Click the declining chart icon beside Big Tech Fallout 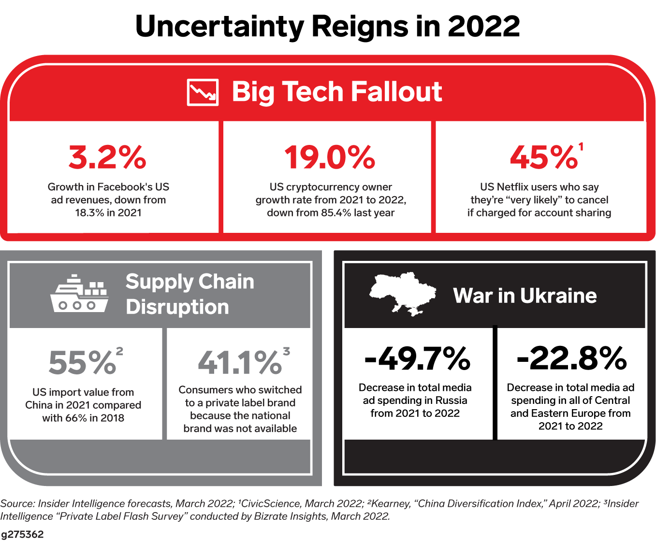click(203, 92)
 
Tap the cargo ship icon click(80, 294)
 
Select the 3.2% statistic click(107, 157)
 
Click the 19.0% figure click(330, 157)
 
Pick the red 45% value click(543, 157)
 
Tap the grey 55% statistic click(82, 363)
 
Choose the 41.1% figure click(239, 363)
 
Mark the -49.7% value click(417, 358)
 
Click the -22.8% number click(571, 358)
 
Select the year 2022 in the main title click(483, 27)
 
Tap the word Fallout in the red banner click(396, 91)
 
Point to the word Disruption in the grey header click(177, 307)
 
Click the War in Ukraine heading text click(525, 296)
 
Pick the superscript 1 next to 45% click(581, 146)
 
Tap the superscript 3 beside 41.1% click(286, 351)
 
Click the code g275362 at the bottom click(22, 534)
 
